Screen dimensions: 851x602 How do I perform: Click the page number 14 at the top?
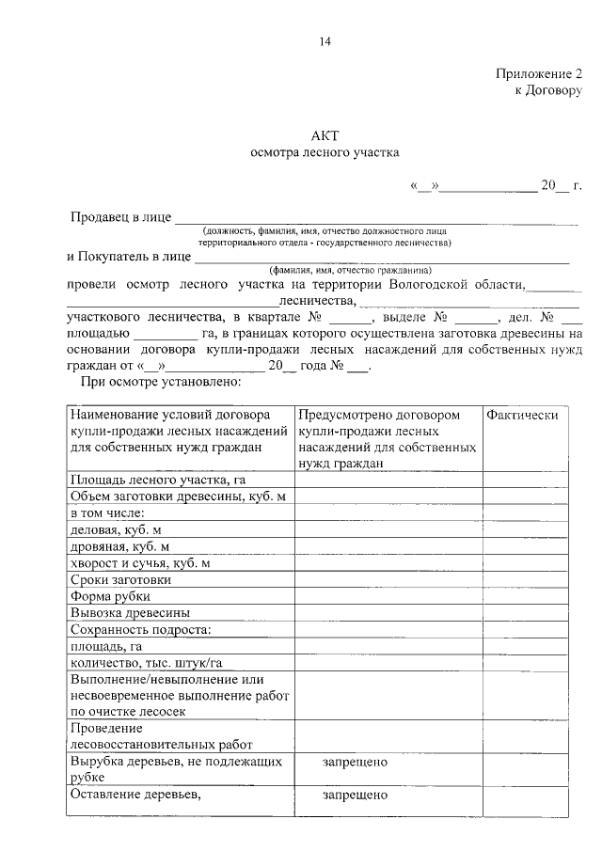tap(325, 41)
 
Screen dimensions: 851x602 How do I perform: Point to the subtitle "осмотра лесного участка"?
tap(325, 151)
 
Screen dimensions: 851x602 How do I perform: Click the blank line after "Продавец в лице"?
tap(376, 219)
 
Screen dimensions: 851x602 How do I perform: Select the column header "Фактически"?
tap(522, 415)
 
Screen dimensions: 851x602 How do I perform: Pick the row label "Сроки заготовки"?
tap(120, 580)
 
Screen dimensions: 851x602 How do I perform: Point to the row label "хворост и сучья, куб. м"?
tap(140, 563)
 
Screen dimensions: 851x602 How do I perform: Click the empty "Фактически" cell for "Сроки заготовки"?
tap(527, 580)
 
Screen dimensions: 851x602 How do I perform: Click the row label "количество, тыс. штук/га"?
tap(146, 664)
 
